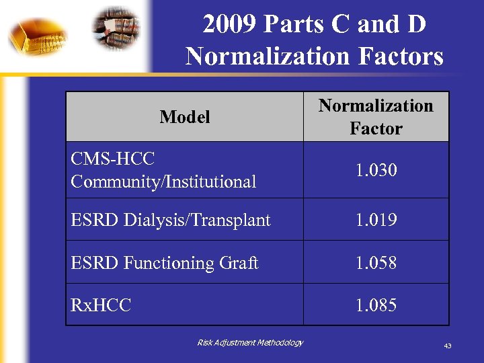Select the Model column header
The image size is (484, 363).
pyautogui.click(x=185, y=117)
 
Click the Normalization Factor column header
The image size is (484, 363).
pyautogui.click(x=376, y=117)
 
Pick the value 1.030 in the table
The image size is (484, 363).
pyautogui.click(x=376, y=170)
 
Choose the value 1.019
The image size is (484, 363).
pyautogui.click(x=376, y=220)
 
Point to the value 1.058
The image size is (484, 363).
pyautogui.click(x=376, y=262)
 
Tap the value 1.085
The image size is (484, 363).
pyautogui.click(x=376, y=305)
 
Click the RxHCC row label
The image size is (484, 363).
pyautogui.click(x=101, y=305)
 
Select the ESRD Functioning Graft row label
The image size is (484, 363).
pyautogui.click(x=164, y=262)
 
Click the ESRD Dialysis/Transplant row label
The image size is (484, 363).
pyautogui.click(x=171, y=220)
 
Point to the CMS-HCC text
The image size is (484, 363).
pyautogui.click(x=112, y=159)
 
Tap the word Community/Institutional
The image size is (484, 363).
pyautogui.click(x=163, y=182)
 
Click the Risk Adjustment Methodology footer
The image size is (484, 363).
pyautogui.click(x=250, y=343)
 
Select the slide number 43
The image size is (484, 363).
pyautogui.click(x=447, y=346)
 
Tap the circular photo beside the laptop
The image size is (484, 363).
pyautogui.click(x=118, y=28)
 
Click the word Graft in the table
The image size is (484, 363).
pyautogui.click(x=239, y=262)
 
